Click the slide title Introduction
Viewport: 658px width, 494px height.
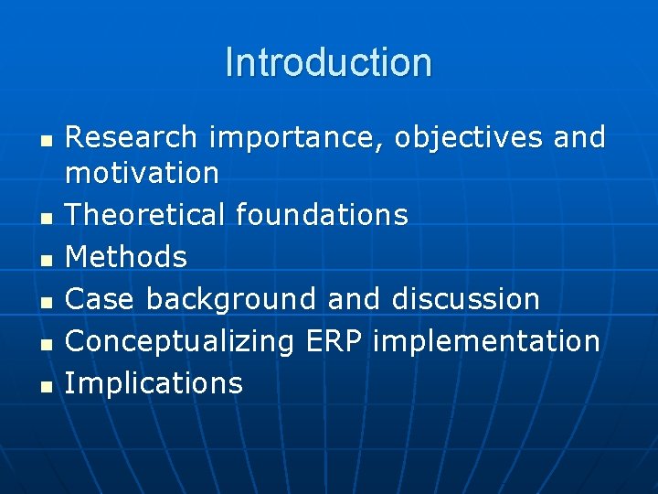click(x=328, y=63)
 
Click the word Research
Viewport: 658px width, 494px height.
click(x=132, y=137)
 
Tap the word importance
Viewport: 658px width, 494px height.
click(x=300, y=138)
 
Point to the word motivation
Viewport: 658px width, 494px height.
click(x=142, y=172)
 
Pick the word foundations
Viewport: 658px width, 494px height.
click(x=322, y=214)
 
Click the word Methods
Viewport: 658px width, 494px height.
click(x=126, y=257)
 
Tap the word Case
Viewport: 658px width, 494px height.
click(x=101, y=299)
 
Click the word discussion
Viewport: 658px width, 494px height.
click(x=466, y=299)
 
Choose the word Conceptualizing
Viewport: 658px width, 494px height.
click(x=180, y=341)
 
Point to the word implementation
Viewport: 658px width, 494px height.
click(x=487, y=341)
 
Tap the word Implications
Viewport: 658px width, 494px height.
click(x=154, y=383)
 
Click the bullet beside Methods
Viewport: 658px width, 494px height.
click(x=45, y=259)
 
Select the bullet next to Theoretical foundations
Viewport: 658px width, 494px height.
click(x=45, y=217)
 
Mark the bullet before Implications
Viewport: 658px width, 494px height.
click(x=45, y=385)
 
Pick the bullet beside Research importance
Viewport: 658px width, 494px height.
click(x=45, y=140)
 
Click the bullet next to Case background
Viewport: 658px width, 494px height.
click(x=45, y=301)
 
